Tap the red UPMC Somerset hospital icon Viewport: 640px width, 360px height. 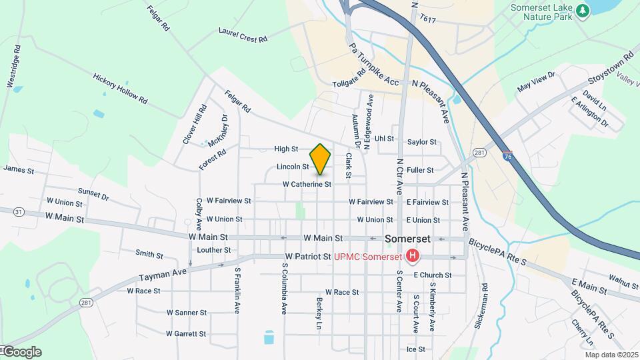pyautogui.click(x=413, y=256)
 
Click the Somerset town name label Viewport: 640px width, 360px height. pyautogui.click(x=407, y=239)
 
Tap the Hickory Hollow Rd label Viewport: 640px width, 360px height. pyautogui.click(x=120, y=88)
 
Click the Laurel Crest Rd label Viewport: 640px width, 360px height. pyautogui.click(x=243, y=35)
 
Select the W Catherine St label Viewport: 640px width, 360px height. pyautogui.click(x=307, y=184)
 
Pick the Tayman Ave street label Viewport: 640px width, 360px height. pyautogui.click(x=162, y=271)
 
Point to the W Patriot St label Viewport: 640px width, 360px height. pyautogui.click(x=308, y=257)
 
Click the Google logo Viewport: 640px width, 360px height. pyautogui.click(x=21, y=352)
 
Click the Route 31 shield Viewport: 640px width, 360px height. pyautogui.click(x=17, y=212)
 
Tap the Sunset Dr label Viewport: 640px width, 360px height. pyautogui.click(x=93, y=194)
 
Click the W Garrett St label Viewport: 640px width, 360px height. pyautogui.click(x=186, y=333)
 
